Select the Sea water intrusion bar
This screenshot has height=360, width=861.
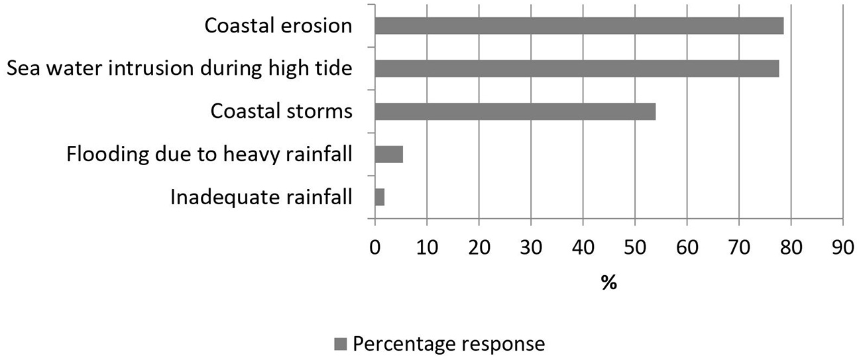pos(577,68)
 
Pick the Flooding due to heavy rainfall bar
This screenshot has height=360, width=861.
pos(389,154)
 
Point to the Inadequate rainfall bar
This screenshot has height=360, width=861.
pos(380,198)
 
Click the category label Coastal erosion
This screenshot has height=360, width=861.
pos(278,26)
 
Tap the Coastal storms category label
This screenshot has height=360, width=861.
pos(281,111)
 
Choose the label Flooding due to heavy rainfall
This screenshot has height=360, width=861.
pos(209,154)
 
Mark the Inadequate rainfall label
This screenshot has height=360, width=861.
pos(261,198)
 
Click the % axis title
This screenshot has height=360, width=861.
pos(608,284)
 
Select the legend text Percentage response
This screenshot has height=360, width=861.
pos(449,344)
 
